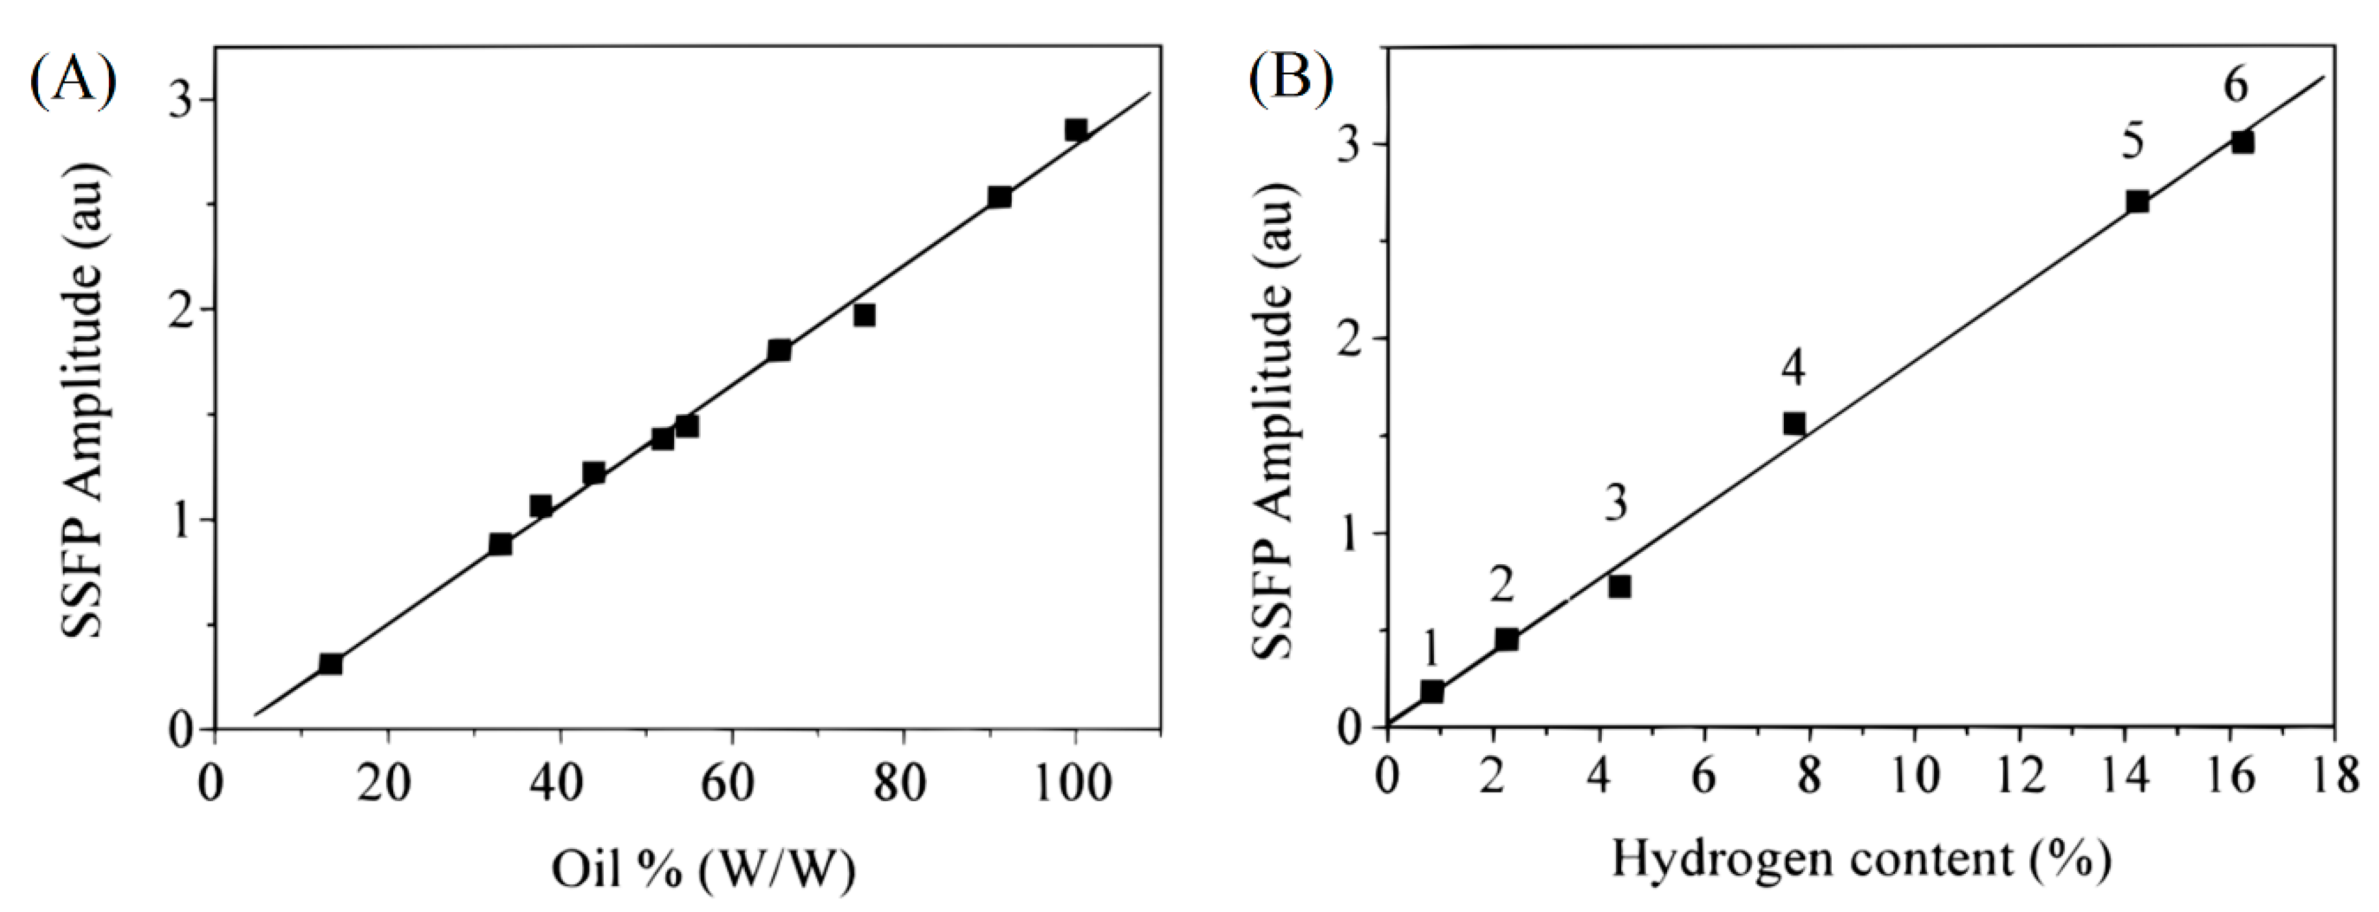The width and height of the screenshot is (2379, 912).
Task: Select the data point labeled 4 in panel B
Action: [x=1793, y=423]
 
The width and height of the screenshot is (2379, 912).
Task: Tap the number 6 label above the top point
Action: [x=2235, y=87]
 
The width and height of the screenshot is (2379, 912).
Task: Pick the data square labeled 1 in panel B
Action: [x=1431, y=690]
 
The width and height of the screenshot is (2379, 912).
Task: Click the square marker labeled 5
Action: [x=2137, y=201]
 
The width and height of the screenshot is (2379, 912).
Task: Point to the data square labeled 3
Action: [x=1619, y=586]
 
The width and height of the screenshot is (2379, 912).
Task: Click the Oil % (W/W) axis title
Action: [x=703, y=869]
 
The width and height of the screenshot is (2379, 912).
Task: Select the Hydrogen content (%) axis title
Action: [x=1861, y=860]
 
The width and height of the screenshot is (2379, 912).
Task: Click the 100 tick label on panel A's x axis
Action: [x=1072, y=784]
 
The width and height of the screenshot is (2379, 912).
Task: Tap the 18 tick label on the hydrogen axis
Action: [x=2333, y=774]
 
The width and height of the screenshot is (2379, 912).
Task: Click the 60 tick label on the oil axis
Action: [x=728, y=784]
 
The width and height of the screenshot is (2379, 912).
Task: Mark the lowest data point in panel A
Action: [x=330, y=663]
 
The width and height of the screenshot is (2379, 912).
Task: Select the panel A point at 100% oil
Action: [x=1075, y=130]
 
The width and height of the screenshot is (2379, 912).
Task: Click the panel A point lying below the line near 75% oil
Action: [x=863, y=315]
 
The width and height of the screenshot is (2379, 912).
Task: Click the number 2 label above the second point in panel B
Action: [x=1501, y=585]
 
